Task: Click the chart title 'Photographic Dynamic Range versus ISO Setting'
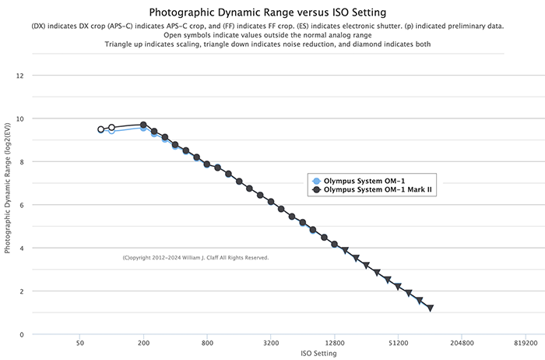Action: [272, 12]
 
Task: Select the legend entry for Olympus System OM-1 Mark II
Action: [378, 189]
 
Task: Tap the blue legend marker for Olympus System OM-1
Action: [316, 181]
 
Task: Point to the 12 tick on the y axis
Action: [21, 76]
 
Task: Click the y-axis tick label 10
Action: [21, 119]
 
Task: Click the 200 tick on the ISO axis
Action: [143, 342]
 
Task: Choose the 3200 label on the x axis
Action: [271, 342]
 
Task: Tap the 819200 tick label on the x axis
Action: [526, 342]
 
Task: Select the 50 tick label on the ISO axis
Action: [79, 342]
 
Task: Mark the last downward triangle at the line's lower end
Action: [430, 309]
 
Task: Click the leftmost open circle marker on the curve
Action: [101, 129]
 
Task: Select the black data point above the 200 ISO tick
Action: [143, 125]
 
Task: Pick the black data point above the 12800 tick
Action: [335, 245]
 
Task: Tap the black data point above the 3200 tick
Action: [271, 202]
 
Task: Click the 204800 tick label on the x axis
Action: [462, 342]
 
